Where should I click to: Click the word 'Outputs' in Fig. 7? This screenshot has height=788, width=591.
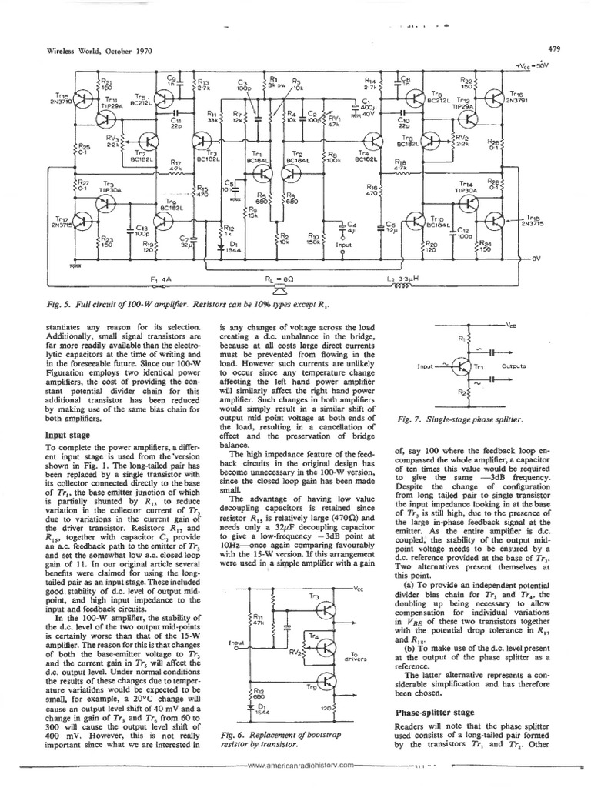click(513, 367)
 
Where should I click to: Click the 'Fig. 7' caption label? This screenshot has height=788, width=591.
click(408, 419)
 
